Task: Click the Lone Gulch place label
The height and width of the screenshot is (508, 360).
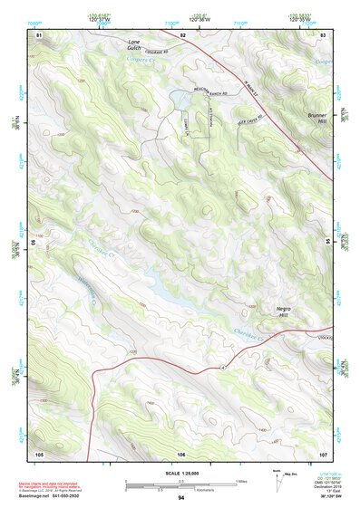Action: (x=134, y=44)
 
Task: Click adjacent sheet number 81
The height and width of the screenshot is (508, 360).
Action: (x=39, y=34)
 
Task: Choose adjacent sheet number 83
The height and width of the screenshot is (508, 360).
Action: (x=322, y=34)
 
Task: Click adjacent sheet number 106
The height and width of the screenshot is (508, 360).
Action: (x=181, y=453)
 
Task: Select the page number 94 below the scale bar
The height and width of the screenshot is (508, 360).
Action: (x=181, y=498)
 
